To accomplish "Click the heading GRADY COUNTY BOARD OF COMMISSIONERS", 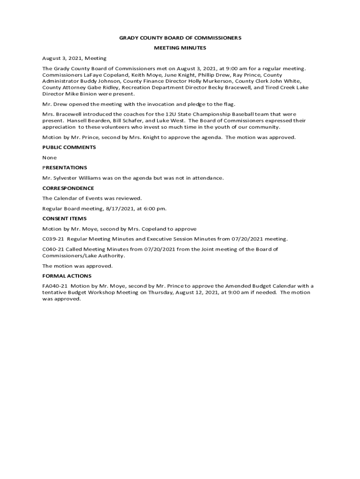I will [180, 37].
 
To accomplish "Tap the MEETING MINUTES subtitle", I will [180, 48].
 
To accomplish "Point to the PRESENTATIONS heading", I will [65, 167].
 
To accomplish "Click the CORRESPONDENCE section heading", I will [68, 188].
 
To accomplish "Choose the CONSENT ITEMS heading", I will [64, 218].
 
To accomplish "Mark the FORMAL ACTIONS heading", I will [67, 276].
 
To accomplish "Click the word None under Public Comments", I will [49, 158].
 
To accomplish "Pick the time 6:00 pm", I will [155, 209].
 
